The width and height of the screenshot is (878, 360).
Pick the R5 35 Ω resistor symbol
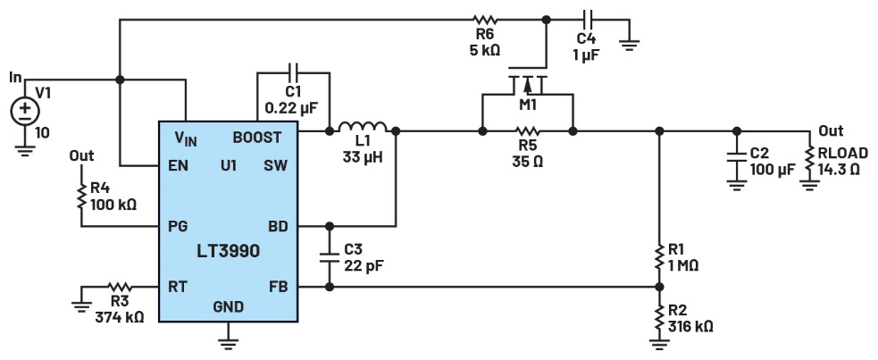(x=527, y=132)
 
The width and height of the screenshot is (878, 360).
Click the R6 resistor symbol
(x=485, y=17)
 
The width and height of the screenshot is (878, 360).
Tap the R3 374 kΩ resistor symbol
(x=117, y=288)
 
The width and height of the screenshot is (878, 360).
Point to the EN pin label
(x=177, y=166)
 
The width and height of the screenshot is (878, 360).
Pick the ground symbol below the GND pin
(x=228, y=337)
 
